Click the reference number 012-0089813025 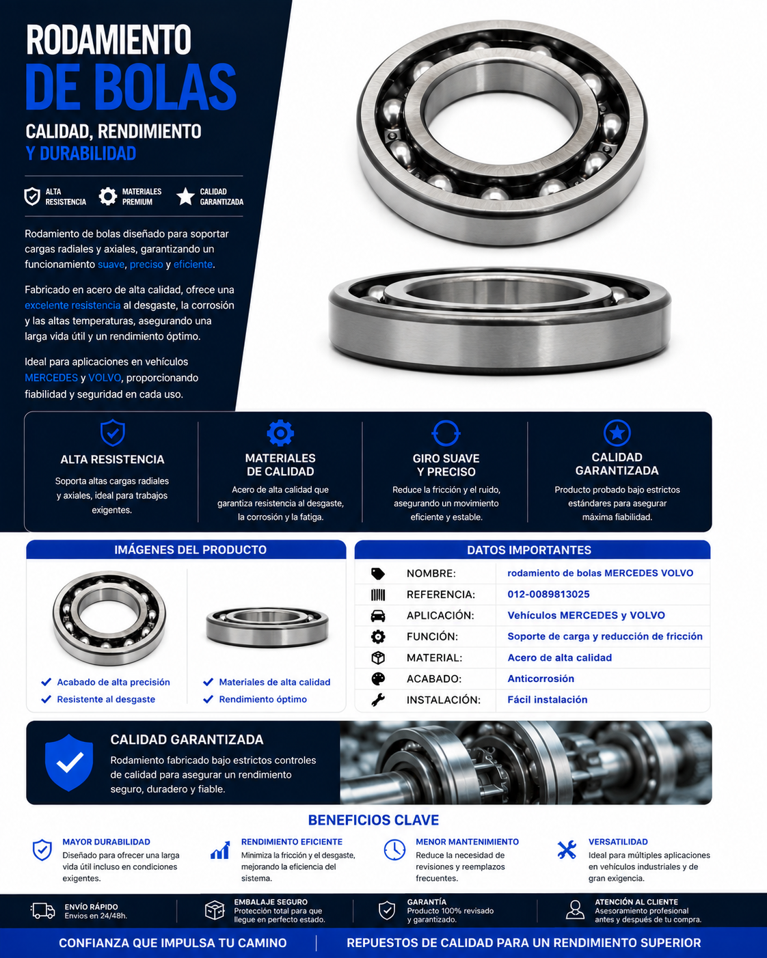(548, 594)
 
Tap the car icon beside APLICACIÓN (378, 616)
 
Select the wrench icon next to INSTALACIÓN (378, 700)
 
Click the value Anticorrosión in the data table (541, 679)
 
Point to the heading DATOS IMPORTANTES (528, 550)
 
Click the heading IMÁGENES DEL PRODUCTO (190, 550)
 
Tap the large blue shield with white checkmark (69, 763)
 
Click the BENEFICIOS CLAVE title (373, 820)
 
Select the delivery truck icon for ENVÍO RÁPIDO (43, 911)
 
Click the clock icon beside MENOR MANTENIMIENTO (394, 850)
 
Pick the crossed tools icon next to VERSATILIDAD (567, 850)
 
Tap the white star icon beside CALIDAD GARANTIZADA (185, 196)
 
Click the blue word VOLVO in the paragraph (105, 378)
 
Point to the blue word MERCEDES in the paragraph (51, 378)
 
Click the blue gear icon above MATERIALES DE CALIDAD (280, 433)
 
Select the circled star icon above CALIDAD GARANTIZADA (617, 433)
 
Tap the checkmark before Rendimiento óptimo (208, 699)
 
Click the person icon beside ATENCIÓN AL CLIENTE (575, 910)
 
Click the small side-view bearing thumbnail (267, 627)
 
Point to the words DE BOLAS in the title (131, 87)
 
